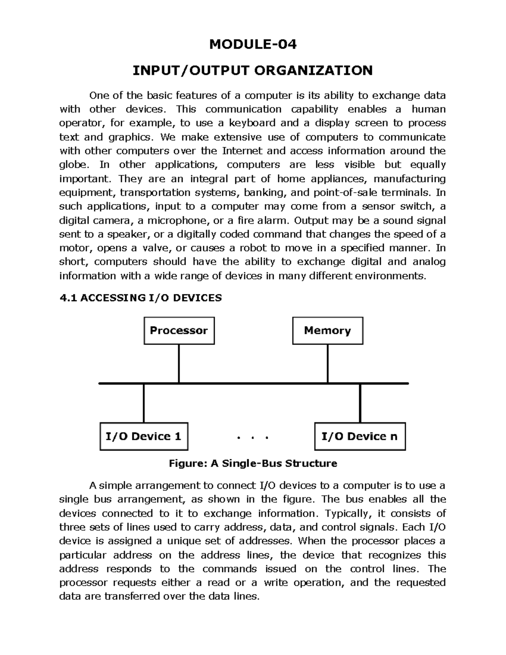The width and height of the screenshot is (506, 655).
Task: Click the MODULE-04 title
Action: pos(253,44)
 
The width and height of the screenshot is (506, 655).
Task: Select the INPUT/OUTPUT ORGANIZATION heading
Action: pos(253,70)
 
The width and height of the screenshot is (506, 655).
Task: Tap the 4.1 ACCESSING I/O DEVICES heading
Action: pos(140,298)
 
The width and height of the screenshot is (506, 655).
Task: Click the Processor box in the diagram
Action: pos(179,331)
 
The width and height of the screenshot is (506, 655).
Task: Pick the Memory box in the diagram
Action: pos(328,331)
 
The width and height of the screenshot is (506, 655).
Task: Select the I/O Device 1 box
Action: pos(143,436)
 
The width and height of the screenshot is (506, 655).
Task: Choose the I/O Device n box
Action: pos(360,436)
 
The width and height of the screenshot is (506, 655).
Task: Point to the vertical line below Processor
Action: pos(179,364)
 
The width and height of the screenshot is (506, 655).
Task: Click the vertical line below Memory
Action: pos(328,364)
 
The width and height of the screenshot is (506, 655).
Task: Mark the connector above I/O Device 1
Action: pos(144,403)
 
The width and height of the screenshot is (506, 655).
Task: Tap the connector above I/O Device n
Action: pos(360,403)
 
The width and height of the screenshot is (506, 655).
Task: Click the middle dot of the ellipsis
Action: pos(253,438)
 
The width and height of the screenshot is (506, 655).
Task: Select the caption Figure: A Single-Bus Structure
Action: pos(253,464)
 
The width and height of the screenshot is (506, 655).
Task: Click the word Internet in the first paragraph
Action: pos(242,151)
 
